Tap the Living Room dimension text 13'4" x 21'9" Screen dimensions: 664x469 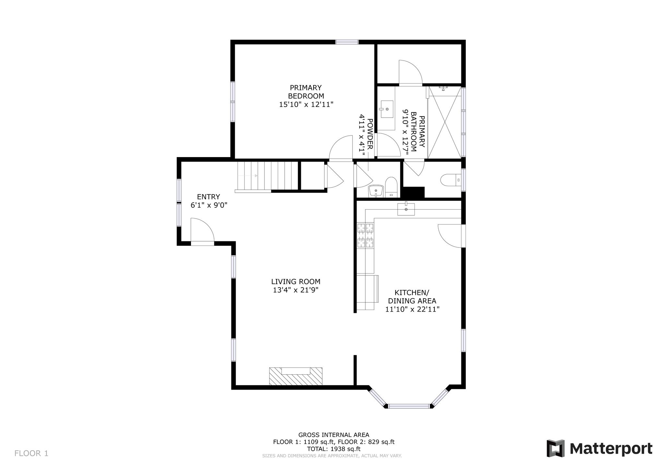[296, 290]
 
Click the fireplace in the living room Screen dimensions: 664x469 [296, 376]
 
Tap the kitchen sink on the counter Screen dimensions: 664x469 [406, 209]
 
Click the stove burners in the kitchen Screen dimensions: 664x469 [365, 235]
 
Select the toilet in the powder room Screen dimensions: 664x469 [391, 187]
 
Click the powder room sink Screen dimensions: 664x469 [376, 191]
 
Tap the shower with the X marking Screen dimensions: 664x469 [445, 122]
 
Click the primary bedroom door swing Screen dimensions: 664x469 [341, 148]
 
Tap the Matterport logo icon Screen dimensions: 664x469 [555, 448]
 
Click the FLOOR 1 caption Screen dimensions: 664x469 [31, 453]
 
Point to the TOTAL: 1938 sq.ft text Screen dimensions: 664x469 [334, 449]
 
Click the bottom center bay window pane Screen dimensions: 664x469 [409, 406]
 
